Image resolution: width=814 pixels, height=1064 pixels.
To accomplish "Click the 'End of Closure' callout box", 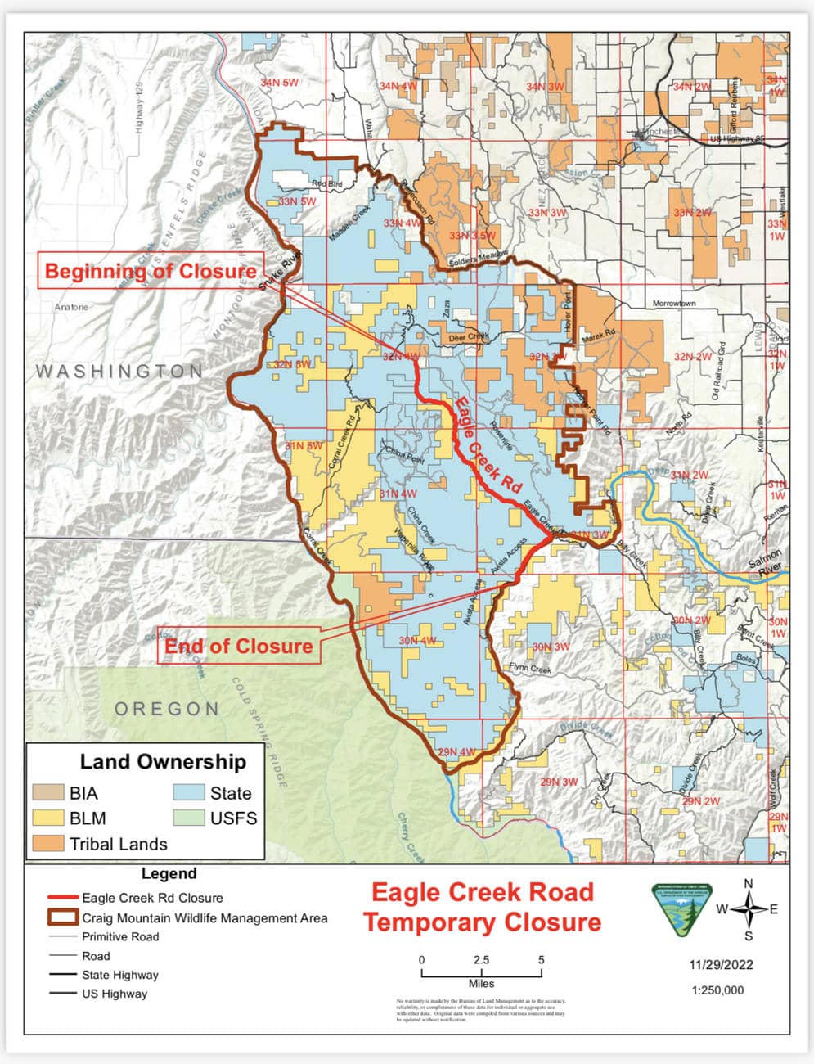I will click(239, 647).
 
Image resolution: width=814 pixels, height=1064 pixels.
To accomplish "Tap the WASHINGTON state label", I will click(119, 372).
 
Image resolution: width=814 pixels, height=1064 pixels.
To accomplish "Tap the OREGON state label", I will click(167, 709).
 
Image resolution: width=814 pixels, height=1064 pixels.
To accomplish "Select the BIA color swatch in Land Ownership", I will click(48, 793).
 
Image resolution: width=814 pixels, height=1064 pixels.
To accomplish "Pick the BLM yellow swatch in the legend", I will click(48, 818).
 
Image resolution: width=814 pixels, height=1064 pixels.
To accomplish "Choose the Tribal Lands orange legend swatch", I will click(48, 844).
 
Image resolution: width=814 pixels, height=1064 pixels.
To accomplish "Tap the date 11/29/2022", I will click(720, 965).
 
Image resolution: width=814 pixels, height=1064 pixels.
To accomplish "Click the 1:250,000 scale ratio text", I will click(718, 990).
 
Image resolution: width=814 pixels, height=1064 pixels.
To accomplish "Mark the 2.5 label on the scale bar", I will click(481, 960).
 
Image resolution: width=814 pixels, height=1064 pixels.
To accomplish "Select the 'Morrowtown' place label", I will click(674, 304).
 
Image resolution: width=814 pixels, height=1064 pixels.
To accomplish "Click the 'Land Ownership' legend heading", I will click(163, 762).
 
